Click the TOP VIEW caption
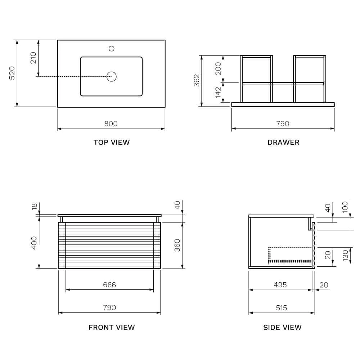point(111,142)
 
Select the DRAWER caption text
point(283,142)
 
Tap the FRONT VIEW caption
point(111,327)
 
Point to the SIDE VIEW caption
point(282,327)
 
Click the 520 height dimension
point(12,73)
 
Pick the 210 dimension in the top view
point(33,58)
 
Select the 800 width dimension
point(111,123)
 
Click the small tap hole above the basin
point(111,48)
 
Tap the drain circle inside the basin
point(111,76)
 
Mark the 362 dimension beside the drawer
point(196,81)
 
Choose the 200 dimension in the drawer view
point(218,68)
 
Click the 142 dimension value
point(218,93)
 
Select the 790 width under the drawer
point(283,123)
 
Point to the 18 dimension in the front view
point(35,207)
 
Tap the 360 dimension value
point(177,245)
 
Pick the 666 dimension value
point(109,285)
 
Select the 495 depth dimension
point(280,285)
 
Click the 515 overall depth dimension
point(282,308)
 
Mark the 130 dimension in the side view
point(345,256)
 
